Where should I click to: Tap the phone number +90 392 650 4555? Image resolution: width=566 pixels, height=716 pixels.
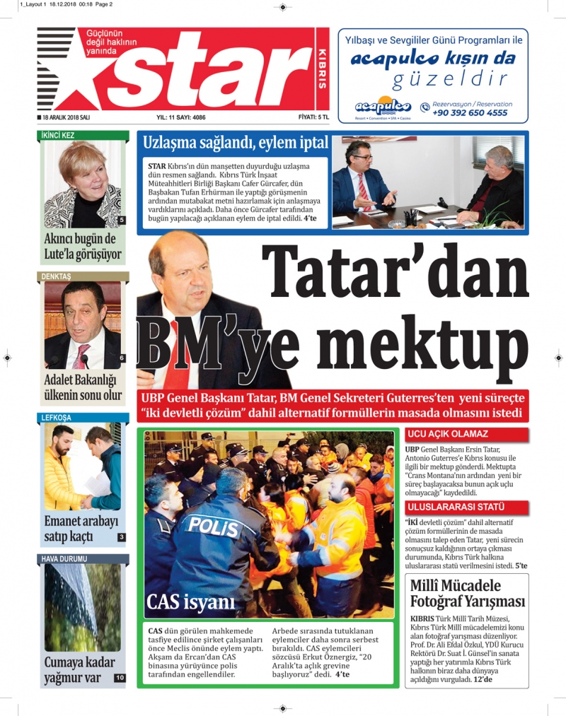tap(469, 113)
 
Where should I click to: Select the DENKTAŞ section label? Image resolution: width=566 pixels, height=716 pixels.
tap(57, 276)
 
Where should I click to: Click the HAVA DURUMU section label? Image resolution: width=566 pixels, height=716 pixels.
tap(64, 558)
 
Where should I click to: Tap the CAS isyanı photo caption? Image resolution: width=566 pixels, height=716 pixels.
tap(190, 602)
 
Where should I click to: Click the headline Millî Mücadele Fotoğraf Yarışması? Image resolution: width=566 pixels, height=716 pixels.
tap(468, 594)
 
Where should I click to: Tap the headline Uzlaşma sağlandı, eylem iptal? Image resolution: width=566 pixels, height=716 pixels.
tap(236, 143)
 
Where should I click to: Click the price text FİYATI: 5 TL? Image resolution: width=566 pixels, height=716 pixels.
tap(313, 117)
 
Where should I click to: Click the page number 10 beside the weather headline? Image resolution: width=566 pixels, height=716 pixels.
tap(120, 678)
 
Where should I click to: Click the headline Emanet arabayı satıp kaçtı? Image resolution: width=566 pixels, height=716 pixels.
tap(81, 529)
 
